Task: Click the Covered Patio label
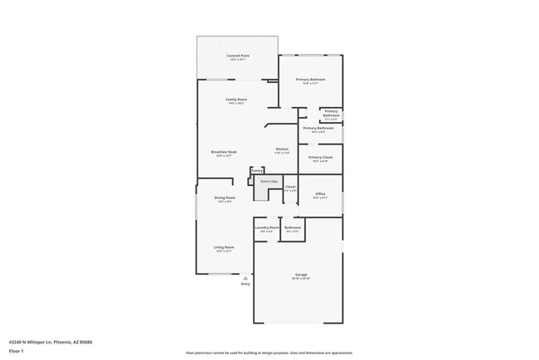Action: [238, 56]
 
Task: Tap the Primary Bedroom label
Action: [311, 80]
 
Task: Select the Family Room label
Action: [237, 100]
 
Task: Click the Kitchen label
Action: [282, 149]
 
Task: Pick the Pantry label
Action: [257, 171]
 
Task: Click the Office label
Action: [320, 194]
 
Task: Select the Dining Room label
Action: [225, 197]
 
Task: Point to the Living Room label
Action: [224, 247]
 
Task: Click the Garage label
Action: [300, 275]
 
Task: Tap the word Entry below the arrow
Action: [245, 285]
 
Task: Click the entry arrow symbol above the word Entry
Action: [245, 278]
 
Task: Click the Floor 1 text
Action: [17, 350]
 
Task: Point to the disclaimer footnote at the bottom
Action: [269, 353]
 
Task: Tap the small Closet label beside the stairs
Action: [290, 187]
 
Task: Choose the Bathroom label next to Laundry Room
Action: [293, 227]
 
